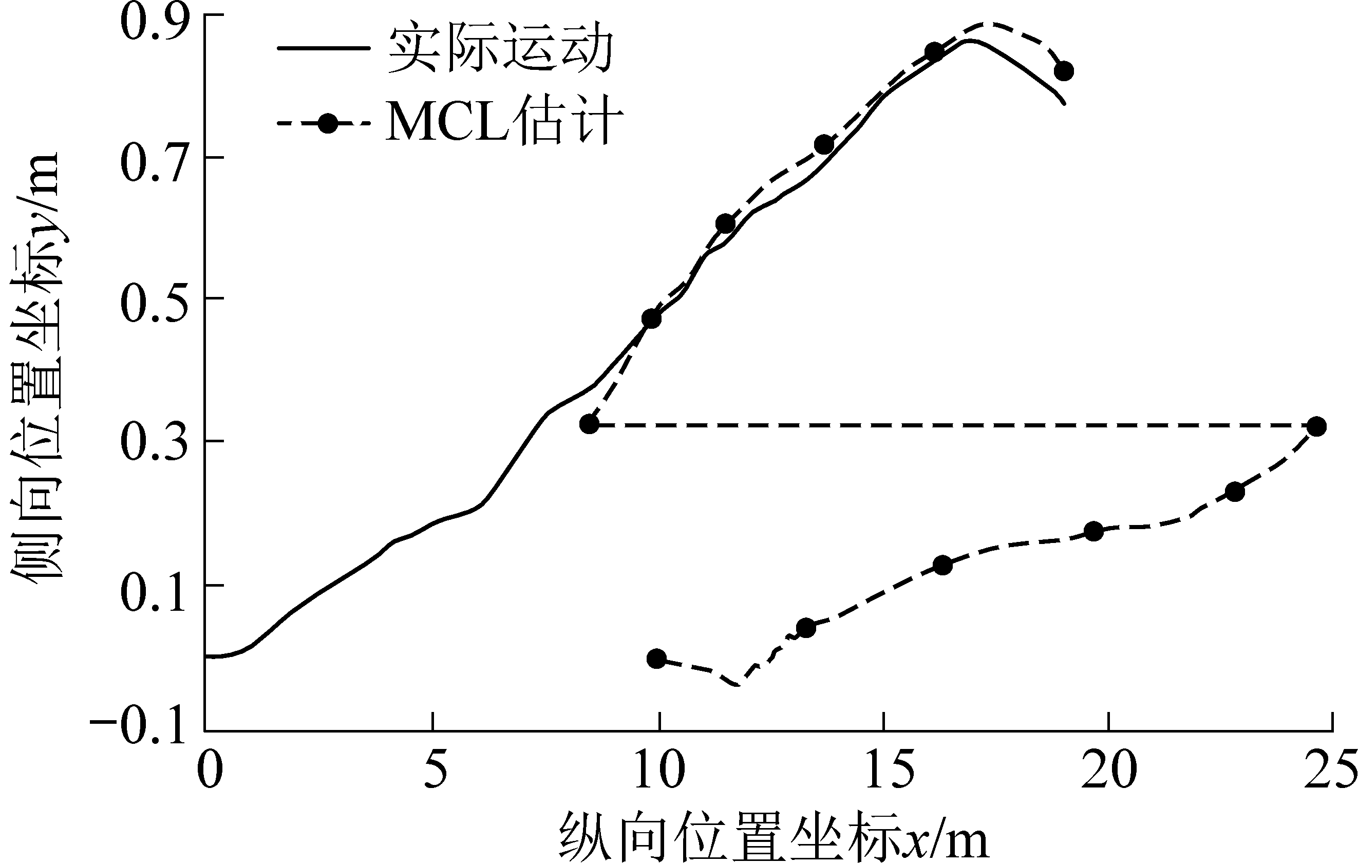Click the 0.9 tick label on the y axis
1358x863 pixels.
pos(152,23)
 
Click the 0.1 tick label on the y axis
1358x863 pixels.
pos(152,592)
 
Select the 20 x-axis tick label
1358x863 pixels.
pos(1109,768)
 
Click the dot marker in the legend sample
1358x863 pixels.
pos(327,122)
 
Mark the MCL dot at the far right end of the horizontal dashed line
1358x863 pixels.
pos(1316,426)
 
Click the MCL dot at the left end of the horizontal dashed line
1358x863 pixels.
pos(589,424)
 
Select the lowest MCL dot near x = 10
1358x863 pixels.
pos(656,658)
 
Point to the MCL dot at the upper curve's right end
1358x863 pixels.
pos(1064,71)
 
